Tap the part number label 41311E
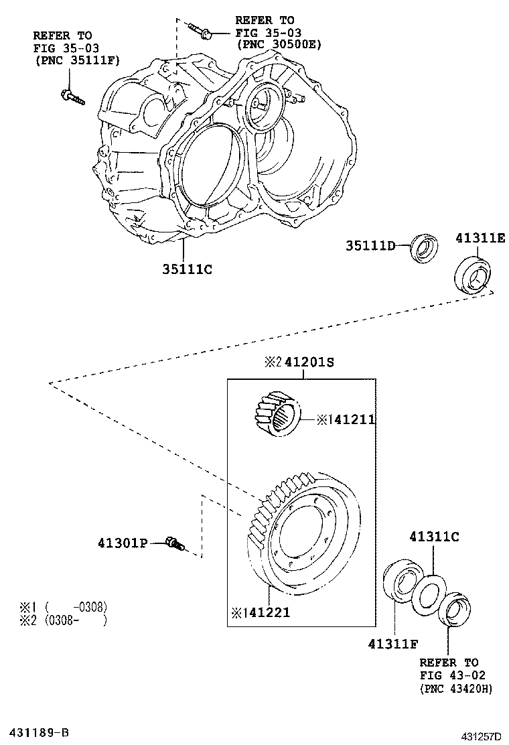pos(481,238)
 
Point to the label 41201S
pos(308,362)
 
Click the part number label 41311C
pos(434,536)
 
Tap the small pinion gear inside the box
pos(276,413)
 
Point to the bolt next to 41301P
pos(174,544)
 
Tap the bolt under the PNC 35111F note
pos(72,98)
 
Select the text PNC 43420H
pos(455,688)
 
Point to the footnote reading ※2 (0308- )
pos(64,620)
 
